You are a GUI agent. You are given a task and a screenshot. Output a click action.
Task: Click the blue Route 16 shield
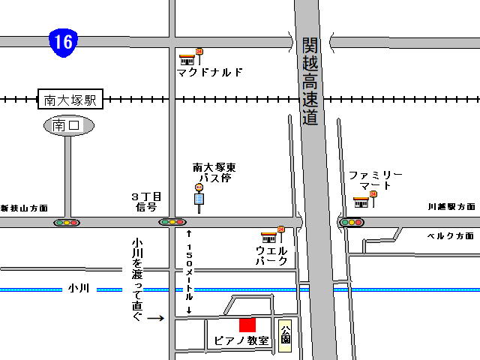(64, 41)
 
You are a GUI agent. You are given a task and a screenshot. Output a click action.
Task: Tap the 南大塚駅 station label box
(70, 98)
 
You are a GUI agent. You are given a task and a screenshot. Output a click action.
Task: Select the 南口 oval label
(69, 126)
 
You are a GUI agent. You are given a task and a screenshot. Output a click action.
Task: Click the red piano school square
(247, 325)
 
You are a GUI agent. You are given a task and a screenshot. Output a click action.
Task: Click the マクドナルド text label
(210, 73)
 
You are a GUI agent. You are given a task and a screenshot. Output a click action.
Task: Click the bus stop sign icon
(199, 197)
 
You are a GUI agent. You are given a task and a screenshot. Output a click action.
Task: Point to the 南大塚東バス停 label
(211, 173)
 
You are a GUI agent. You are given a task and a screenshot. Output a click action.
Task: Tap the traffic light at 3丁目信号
(172, 222)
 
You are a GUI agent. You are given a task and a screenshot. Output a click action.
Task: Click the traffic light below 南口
(66, 223)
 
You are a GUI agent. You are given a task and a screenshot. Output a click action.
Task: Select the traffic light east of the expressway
(351, 222)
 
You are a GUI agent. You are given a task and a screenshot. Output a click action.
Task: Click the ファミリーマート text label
(376, 180)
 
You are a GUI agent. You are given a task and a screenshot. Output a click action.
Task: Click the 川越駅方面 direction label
(451, 206)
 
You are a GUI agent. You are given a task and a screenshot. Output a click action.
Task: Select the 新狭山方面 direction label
(24, 208)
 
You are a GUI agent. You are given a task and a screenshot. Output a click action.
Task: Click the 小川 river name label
(78, 288)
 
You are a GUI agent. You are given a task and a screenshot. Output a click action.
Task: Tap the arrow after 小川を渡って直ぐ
(155, 318)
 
